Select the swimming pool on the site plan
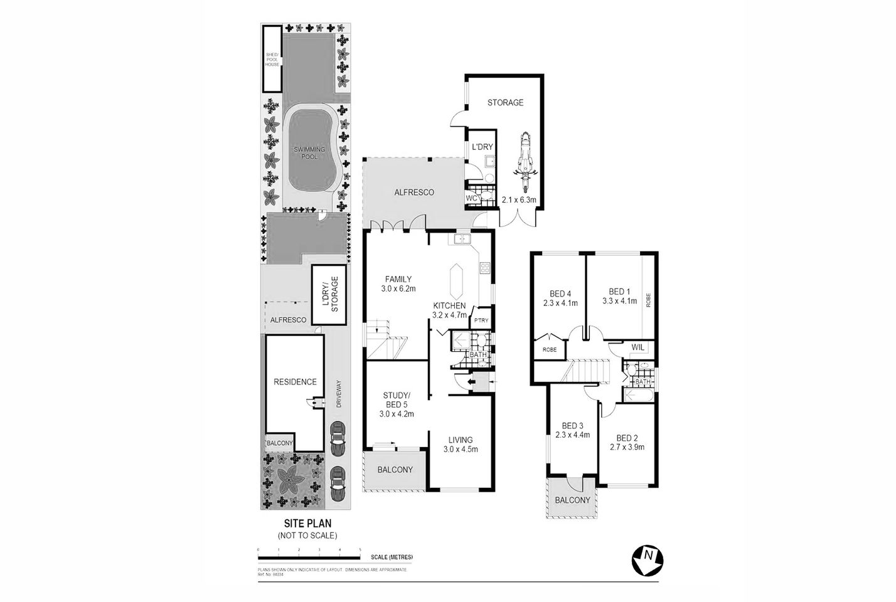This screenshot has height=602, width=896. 312,152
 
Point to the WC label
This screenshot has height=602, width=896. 472,198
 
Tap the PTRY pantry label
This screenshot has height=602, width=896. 481,321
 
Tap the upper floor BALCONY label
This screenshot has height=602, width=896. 572,500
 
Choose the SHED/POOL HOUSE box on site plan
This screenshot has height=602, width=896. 272,58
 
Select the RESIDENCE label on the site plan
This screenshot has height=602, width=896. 295,381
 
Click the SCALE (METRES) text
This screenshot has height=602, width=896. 392,557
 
